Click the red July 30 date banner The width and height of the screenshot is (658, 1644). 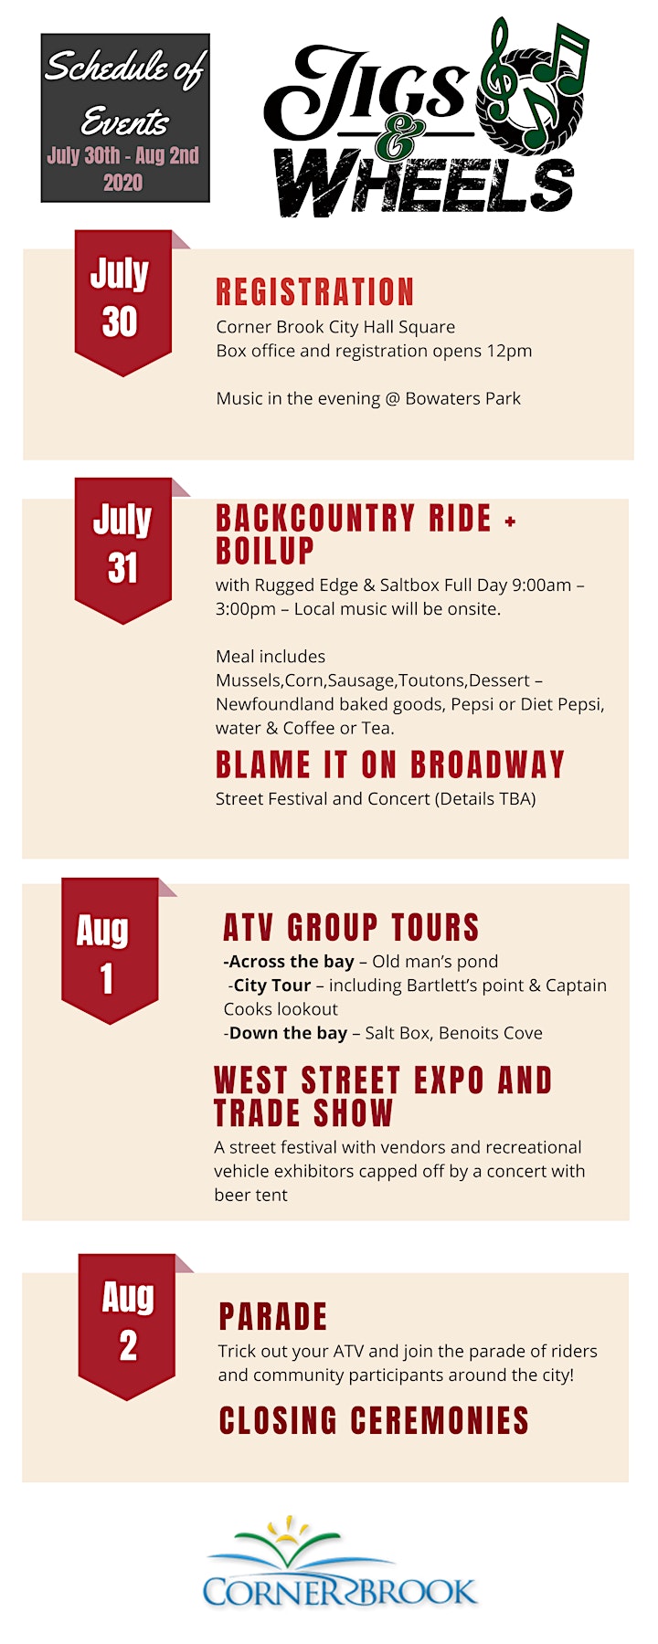pyautogui.click(x=123, y=301)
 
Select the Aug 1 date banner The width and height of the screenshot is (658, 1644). pyautogui.click(x=110, y=950)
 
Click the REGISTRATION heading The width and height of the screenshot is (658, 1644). pyautogui.click(x=315, y=292)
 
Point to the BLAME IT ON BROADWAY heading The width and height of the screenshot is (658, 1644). pyautogui.click(x=390, y=764)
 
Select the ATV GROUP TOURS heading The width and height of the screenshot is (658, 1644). pyautogui.click(x=351, y=927)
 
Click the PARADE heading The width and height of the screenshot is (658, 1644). pyautogui.click(x=273, y=1317)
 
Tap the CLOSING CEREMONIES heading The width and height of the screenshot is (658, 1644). pyautogui.click(x=374, y=1420)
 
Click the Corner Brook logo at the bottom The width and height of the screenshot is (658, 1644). pyautogui.click(x=340, y=1563)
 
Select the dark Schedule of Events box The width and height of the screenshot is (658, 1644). pyautogui.click(x=125, y=118)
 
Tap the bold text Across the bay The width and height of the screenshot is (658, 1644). pyautogui.click(x=289, y=962)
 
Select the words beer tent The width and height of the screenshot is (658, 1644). pyautogui.click(x=251, y=1195)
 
